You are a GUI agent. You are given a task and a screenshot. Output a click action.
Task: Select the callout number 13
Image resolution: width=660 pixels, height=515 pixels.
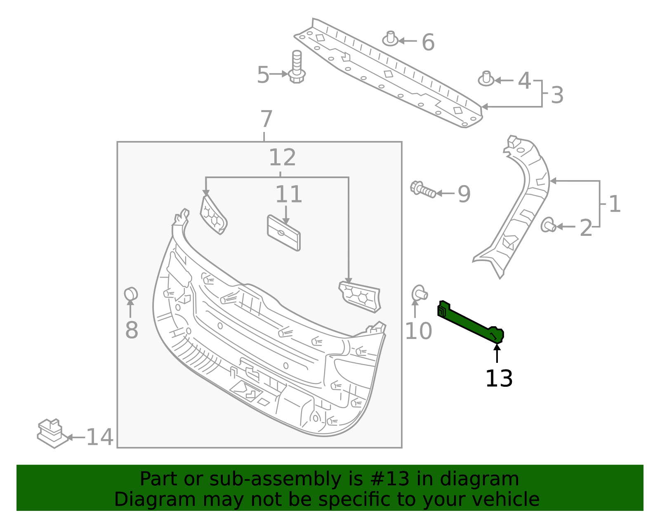pyautogui.click(x=499, y=379)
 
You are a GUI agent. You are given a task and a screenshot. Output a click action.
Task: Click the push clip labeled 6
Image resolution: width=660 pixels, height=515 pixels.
pyautogui.click(x=390, y=39)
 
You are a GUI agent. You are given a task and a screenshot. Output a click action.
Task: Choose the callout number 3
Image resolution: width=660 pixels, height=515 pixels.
pyautogui.click(x=557, y=95)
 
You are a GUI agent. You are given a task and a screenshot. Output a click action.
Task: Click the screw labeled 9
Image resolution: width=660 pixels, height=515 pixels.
pyautogui.click(x=423, y=190)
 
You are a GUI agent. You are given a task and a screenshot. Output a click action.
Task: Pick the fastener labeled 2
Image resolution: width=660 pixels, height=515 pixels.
pyautogui.click(x=548, y=225)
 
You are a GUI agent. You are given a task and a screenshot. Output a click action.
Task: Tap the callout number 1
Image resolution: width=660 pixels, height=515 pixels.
pyautogui.click(x=615, y=204)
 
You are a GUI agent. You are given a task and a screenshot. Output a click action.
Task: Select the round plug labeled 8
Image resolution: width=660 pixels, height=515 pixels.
pyautogui.click(x=131, y=294)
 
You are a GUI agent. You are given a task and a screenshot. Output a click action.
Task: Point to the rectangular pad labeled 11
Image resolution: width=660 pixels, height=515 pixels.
pyautogui.click(x=284, y=233)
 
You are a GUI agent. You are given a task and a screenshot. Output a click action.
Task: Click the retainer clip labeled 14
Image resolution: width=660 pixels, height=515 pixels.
pyautogui.click(x=52, y=433)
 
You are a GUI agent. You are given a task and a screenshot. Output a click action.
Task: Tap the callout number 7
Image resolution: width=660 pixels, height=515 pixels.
pyautogui.click(x=266, y=120)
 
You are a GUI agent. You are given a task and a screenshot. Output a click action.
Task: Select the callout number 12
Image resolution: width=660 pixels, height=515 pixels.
pyautogui.click(x=282, y=158)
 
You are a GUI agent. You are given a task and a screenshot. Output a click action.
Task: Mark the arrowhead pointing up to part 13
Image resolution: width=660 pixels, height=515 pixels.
pyautogui.click(x=497, y=347)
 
